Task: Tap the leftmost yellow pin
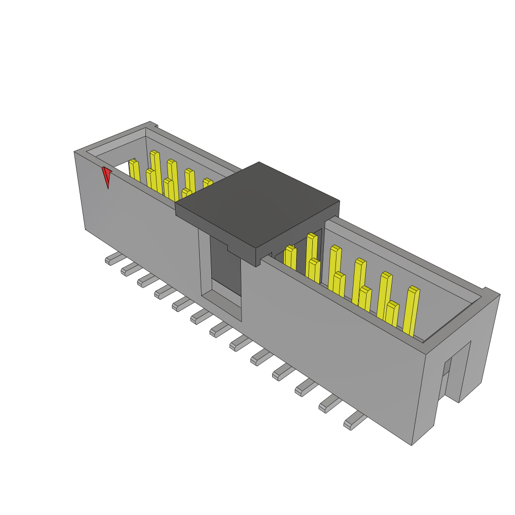[134, 171]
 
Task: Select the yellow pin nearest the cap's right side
[290, 257]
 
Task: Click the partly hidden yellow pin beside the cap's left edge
[207, 184]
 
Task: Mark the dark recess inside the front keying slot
[225, 267]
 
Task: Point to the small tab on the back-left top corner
[155, 125]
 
